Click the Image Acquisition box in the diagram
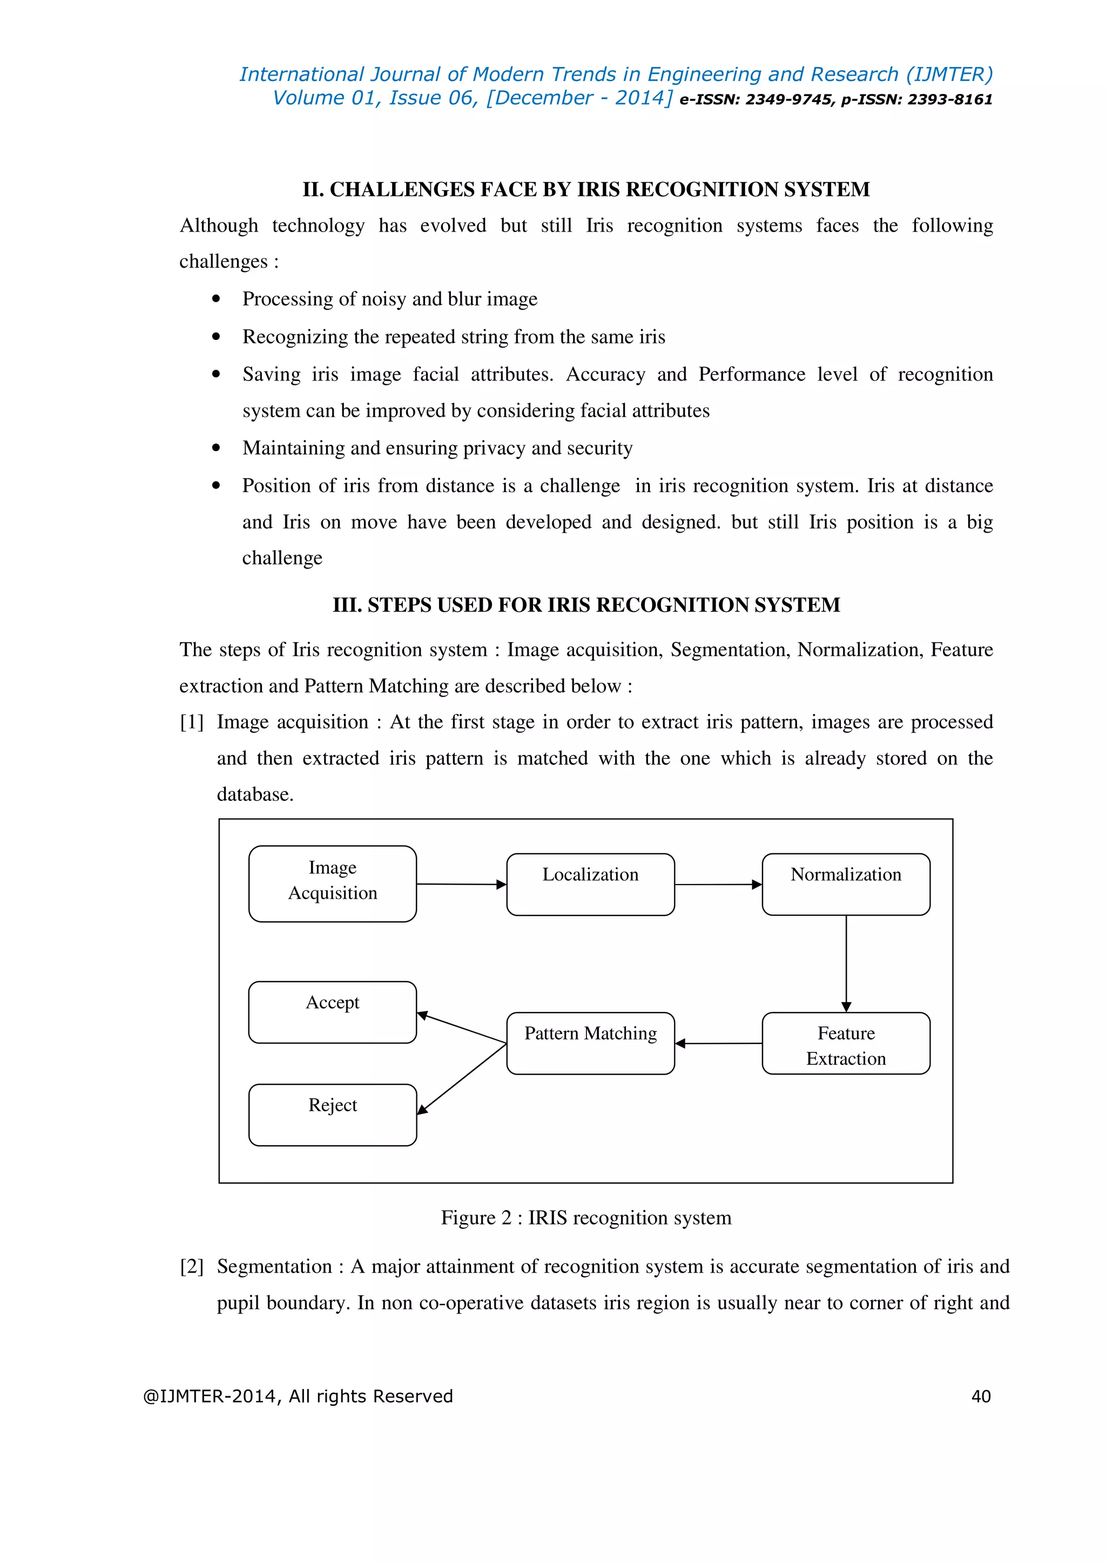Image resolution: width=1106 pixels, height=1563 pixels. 332,884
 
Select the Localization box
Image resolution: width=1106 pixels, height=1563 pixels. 590,884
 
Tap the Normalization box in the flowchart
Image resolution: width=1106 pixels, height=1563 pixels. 846,884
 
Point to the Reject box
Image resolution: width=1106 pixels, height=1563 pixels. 332,1115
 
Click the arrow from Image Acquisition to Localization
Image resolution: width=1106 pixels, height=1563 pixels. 461,884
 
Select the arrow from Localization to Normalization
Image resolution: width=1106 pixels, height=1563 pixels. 718,884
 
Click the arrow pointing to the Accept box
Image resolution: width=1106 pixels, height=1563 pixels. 461,1028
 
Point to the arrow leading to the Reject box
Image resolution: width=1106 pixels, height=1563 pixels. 461,1079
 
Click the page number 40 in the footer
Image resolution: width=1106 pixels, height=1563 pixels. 981,1397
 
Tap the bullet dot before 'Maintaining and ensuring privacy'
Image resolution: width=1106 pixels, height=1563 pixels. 217,448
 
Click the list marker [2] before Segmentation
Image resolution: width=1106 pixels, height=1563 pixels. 191,1267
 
